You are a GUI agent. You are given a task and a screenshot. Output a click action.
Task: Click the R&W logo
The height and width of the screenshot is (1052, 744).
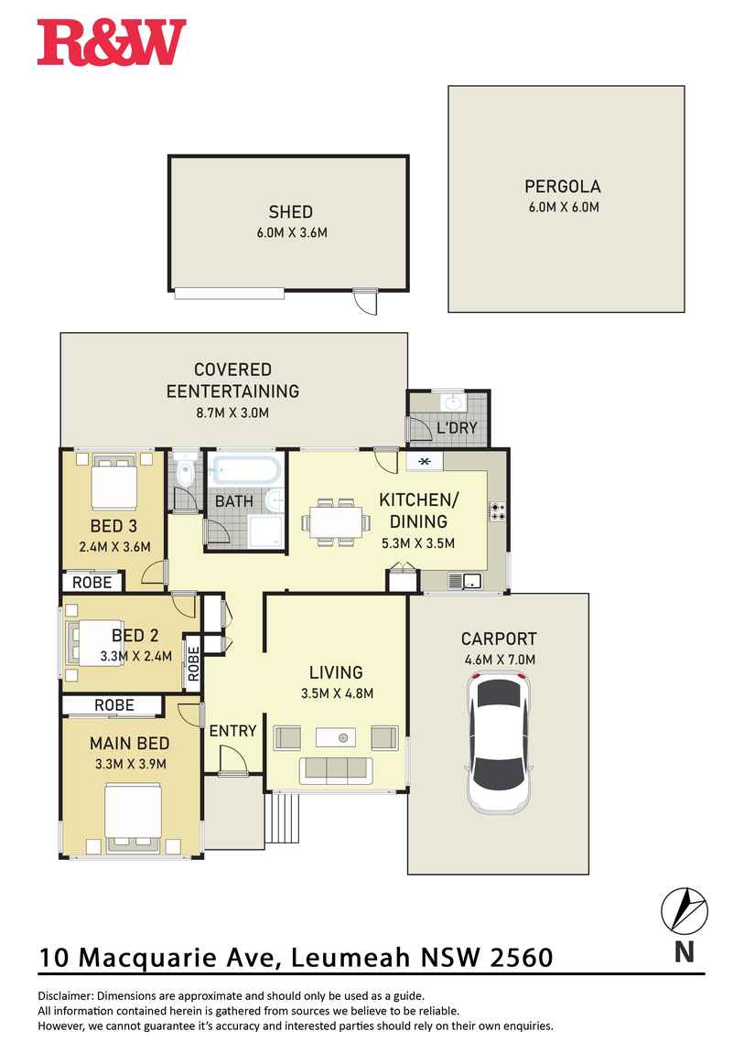point(112,43)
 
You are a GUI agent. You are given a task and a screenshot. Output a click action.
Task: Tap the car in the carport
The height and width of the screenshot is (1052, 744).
point(499,743)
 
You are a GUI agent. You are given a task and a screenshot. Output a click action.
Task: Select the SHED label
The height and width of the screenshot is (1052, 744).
point(291,212)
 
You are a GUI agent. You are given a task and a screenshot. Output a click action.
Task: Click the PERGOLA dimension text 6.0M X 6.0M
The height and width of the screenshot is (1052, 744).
point(563,207)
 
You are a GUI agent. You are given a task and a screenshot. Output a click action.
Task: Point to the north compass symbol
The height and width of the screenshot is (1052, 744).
point(684,910)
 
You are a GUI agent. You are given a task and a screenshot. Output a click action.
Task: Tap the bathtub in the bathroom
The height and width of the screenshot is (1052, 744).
point(244,471)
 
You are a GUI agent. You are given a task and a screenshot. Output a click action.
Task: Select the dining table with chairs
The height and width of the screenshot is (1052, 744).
point(336,522)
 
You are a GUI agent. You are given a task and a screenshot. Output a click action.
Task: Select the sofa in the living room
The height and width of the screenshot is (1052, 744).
point(336,770)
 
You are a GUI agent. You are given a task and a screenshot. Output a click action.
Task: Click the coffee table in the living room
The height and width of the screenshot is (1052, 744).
point(336,736)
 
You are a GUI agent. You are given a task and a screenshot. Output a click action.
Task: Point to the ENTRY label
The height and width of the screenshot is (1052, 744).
point(232,730)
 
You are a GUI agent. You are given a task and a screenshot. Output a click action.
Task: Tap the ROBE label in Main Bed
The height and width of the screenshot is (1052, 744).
point(113,705)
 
